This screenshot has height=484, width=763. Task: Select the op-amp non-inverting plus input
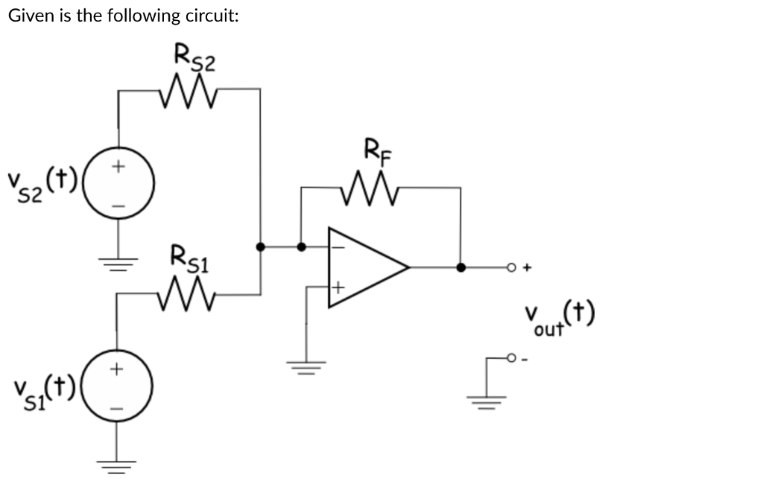point(337,286)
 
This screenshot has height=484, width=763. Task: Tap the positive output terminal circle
point(513,267)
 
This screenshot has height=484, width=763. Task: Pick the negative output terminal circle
point(513,357)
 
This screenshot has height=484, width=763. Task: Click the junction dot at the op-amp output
point(461,267)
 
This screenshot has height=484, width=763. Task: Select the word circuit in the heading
point(212,16)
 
